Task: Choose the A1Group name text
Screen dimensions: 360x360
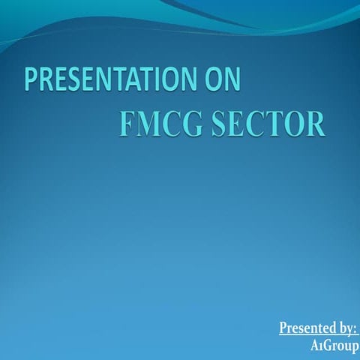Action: (x=334, y=346)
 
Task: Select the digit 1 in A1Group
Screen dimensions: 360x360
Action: (x=320, y=347)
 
